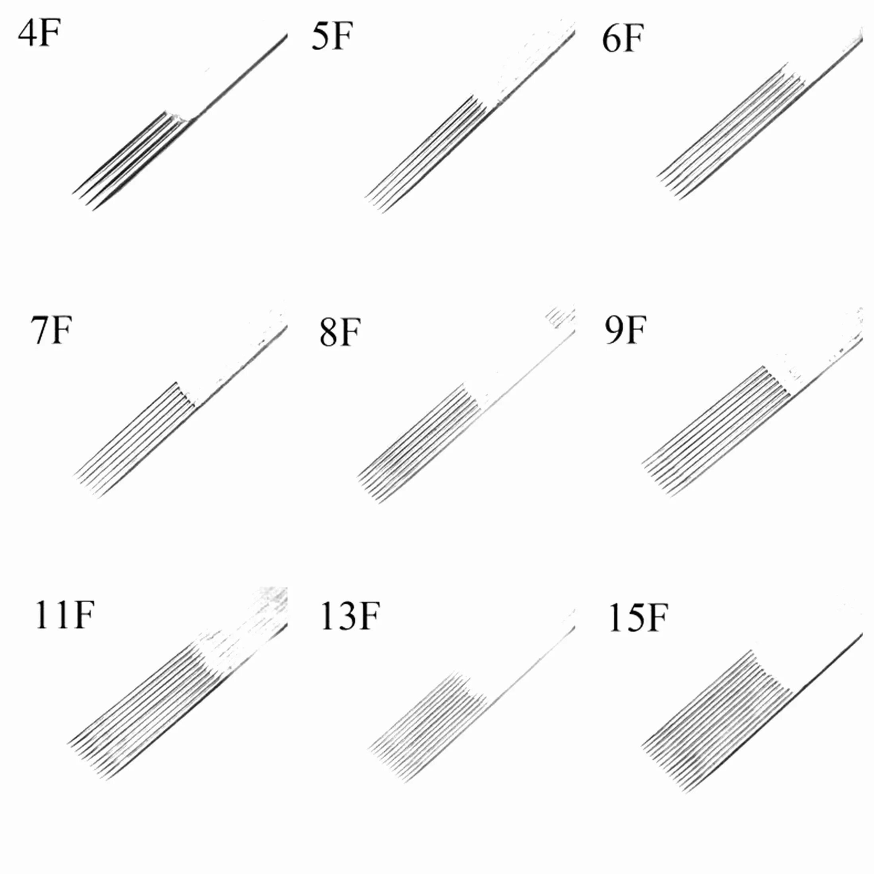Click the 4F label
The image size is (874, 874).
pyautogui.click(x=39, y=34)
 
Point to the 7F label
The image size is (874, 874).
pyautogui.click(x=51, y=330)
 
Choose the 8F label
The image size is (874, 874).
pyautogui.click(x=339, y=333)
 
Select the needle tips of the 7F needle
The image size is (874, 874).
pyautogui.click(x=86, y=486)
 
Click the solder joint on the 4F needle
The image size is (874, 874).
pyautogui.click(x=181, y=119)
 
